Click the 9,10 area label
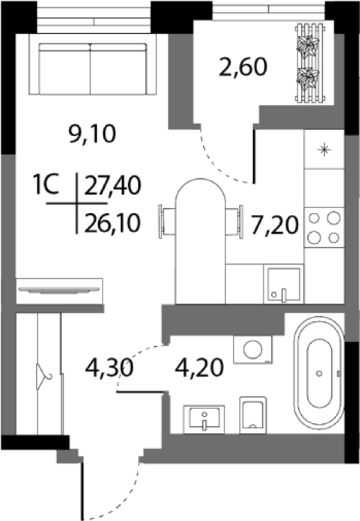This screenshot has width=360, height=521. [x=92, y=134]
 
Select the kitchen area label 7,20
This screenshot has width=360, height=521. [x=274, y=225]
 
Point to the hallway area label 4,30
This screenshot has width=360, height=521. [x=109, y=368]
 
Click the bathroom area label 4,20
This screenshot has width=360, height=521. [x=199, y=368]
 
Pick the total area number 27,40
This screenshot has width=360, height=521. [x=113, y=186]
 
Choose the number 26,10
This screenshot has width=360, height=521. [x=113, y=222]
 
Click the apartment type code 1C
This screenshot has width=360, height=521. [x=46, y=185]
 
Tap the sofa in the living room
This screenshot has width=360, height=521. [x=93, y=68]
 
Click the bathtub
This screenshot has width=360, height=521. [x=319, y=373]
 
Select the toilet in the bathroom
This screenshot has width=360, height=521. [x=253, y=415]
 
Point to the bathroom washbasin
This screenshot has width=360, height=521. [x=204, y=420]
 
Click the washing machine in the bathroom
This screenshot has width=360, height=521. [x=253, y=349]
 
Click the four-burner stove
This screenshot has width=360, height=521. [x=324, y=227]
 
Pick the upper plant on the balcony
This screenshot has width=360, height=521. [x=308, y=46]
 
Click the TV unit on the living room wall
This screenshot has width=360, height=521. [x=59, y=291]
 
